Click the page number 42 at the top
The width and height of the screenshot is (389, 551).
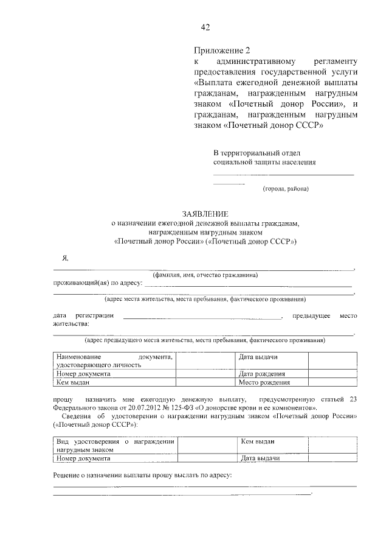click(205, 27)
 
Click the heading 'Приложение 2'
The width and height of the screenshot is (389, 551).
click(222, 51)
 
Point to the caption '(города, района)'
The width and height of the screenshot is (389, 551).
click(286, 189)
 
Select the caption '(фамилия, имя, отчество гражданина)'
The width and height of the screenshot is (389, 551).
click(205, 275)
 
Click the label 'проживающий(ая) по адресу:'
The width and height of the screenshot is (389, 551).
click(98, 283)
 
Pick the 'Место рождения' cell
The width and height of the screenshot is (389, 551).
click(264, 383)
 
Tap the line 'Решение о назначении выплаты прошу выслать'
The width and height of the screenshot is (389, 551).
click(143, 475)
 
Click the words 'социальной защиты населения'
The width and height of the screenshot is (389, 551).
click(264, 163)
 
